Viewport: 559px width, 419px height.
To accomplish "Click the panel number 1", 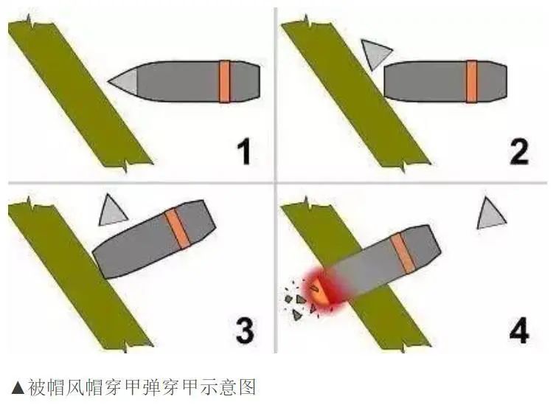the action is tap(245, 152).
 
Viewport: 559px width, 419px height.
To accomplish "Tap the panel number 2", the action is tap(518, 152).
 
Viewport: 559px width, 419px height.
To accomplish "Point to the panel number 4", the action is tap(519, 331).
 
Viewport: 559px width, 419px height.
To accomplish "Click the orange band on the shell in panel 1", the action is tap(225, 82).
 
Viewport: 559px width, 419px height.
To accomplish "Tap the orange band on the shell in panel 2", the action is tap(471, 82).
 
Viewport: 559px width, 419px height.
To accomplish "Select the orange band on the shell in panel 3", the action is tap(177, 228).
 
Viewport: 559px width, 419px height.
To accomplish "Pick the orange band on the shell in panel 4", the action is tap(403, 253).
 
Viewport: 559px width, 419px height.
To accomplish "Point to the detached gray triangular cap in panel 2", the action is tap(375, 53).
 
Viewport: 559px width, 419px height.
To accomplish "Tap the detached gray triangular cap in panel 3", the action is tap(111, 212).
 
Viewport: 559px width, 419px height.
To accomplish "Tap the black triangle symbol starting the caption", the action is tap(18, 387).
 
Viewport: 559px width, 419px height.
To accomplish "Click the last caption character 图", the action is tap(247, 387).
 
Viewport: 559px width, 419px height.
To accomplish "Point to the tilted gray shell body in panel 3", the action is tap(154, 239).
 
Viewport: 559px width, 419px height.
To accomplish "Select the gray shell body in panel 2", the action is tap(445, 82).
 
